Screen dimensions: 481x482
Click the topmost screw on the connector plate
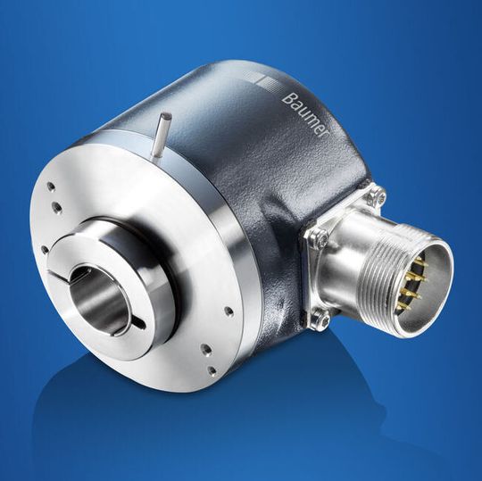378,195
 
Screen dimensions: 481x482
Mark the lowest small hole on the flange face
212,369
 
